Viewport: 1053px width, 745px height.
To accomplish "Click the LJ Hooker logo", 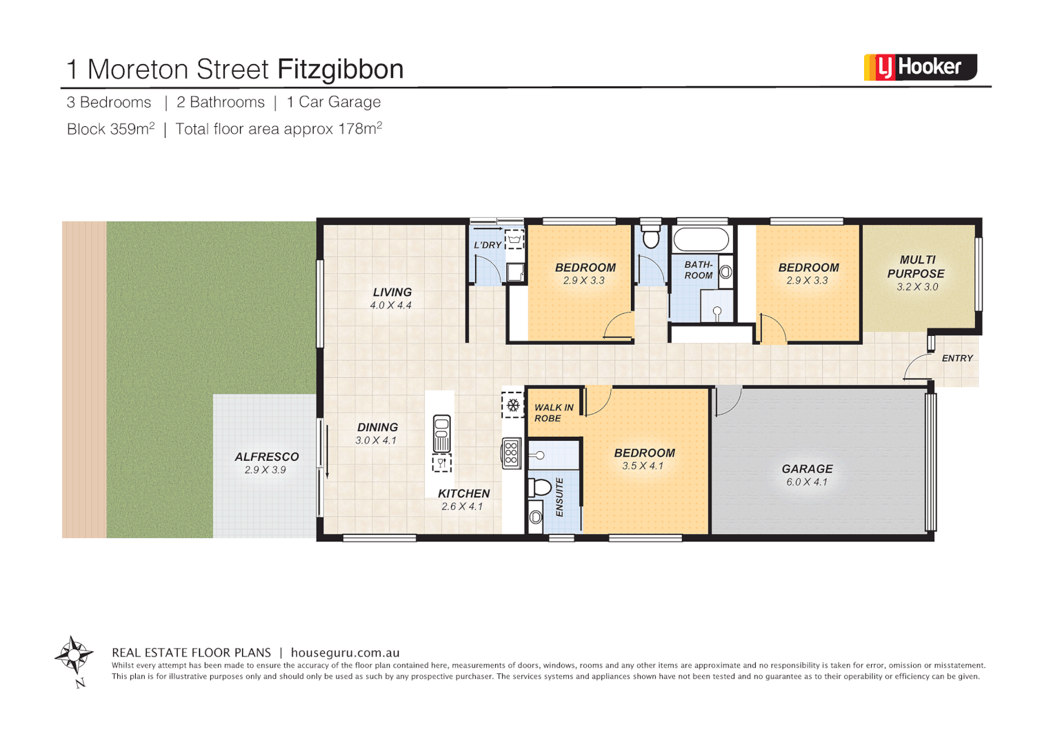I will [x=920, y=68].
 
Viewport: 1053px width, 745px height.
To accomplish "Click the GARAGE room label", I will [x=807, y=469].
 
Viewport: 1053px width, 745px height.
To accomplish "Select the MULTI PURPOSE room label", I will [x=916, y=267].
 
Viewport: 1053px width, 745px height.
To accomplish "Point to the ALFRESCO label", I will [x=267, y=457].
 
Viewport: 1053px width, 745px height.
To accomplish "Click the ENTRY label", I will [x=957, y=359].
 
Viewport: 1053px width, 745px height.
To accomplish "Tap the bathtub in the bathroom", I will [x=701, y=240].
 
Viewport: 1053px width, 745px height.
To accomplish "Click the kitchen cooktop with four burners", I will [x=511, y=453].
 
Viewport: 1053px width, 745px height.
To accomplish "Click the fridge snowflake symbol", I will [x=513, y=405].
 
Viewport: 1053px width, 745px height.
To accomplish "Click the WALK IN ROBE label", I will [x=554, y=413].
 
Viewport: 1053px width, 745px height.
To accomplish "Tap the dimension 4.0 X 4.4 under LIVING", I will [x=391, y=306].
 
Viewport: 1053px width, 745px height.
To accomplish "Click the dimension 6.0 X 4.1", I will [x=807, y=482].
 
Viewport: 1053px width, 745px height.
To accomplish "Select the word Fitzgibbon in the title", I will [x=340, y=70].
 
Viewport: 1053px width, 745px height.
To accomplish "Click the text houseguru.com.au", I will [x=345, y=653].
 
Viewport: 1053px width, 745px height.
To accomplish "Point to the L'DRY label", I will [x=488, y=245].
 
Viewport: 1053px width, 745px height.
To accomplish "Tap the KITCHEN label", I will [x=463, y=494].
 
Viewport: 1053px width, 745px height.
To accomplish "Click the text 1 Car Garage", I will [x=334, y=102].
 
